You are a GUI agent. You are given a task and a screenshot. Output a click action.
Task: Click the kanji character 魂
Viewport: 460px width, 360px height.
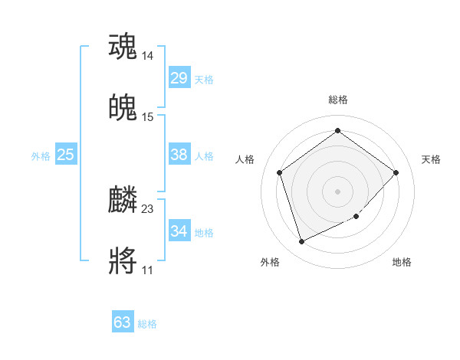coord(123,47)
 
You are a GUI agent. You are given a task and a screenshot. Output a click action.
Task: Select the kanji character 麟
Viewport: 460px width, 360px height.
coord(123,200)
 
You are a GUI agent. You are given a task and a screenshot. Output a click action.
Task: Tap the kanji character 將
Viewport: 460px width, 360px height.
coord(123,261)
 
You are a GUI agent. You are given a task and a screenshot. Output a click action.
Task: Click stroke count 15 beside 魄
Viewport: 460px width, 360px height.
coord(148,117)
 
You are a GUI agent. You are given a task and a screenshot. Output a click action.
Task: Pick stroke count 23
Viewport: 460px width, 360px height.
coord(148,209)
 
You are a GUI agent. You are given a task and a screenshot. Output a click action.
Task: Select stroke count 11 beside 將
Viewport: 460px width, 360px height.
coord(148,270)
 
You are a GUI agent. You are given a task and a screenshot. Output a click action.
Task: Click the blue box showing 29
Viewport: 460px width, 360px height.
coord(179,78)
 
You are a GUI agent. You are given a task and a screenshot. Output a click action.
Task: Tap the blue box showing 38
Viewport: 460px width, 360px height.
coord(179,155)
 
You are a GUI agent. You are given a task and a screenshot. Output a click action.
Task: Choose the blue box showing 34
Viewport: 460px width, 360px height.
coord(179,231)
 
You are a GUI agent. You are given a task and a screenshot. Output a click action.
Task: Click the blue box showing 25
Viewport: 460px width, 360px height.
coord(66,155)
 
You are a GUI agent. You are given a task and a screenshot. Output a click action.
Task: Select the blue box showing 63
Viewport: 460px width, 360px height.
coord(123,322)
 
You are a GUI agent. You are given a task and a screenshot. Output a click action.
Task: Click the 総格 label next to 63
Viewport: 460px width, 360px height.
coord(147,324)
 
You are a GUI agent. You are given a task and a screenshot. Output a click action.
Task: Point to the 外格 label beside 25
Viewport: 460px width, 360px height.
coord(41,156)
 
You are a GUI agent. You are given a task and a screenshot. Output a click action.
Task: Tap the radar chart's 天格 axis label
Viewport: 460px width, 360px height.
coord(431,159)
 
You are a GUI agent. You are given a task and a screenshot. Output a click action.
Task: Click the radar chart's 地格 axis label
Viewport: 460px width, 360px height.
coord(402,262)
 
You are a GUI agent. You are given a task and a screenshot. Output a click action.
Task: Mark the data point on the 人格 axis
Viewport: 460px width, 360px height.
coord(279,172)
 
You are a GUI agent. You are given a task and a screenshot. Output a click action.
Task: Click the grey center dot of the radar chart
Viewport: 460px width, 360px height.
coord(337,191)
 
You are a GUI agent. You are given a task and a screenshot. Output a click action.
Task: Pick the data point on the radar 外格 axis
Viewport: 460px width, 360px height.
coord(301,241)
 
